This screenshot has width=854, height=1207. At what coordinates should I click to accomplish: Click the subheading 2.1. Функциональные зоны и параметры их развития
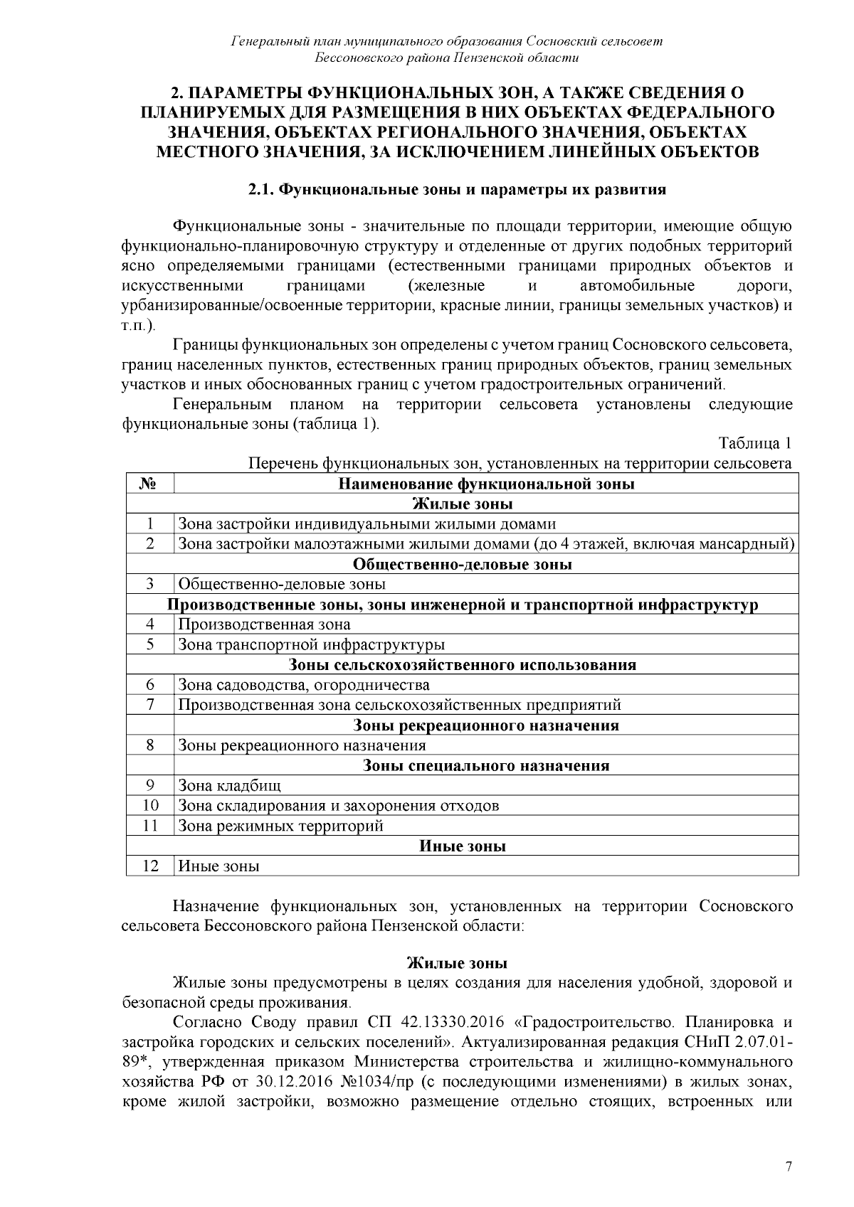[457, 190]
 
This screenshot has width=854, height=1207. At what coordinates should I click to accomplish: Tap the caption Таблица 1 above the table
[755, 444]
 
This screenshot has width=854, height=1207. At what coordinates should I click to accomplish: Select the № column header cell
[149, 484]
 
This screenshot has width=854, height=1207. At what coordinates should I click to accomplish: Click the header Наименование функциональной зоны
[486, 484]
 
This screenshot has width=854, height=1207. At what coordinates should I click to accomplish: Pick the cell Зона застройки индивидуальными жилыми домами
[367, 524]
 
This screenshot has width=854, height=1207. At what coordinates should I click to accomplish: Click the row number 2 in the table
[149, 544]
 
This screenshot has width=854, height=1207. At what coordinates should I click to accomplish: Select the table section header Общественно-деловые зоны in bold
[463, 564]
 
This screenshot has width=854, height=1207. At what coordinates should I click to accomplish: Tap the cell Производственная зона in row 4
[264, 624]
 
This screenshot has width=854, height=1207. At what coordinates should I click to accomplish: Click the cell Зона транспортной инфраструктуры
[311, 645]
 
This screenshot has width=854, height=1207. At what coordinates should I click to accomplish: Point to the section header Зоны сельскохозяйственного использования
[463, 665]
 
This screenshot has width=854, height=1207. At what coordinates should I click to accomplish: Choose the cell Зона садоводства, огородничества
[304, 685]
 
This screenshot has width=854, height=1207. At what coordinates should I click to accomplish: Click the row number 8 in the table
[149, 745]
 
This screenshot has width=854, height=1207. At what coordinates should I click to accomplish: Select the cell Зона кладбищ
[229, 786]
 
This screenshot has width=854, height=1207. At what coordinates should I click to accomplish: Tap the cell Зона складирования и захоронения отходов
[338, 806]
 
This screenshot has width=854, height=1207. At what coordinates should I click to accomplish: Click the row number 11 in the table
[149, 826]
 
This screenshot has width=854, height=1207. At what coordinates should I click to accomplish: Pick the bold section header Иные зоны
[463, 846]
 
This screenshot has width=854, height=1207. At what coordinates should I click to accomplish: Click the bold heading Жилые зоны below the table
[457, 964]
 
